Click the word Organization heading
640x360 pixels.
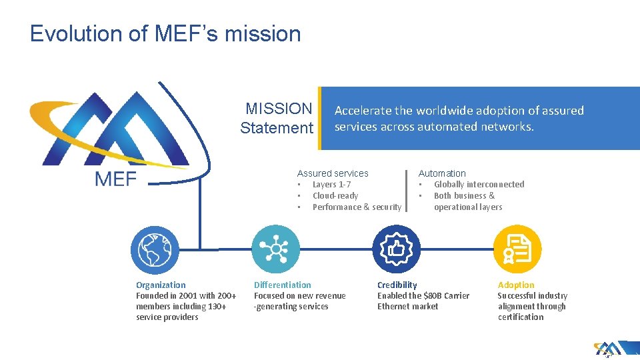pos(161,285)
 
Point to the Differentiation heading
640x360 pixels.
pos(282,285)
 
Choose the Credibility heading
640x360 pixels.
pos(397,285)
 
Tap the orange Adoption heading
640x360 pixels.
pos(516,285)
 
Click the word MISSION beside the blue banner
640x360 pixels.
pos(279,109)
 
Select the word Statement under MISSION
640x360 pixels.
pos(277,127)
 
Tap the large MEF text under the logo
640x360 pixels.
pos(116,179)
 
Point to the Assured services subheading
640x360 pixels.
pos(333,173)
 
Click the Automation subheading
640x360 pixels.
pos(442,173)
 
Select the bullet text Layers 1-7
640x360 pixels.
pos(331,185)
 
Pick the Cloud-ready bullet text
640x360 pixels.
pos(335,196)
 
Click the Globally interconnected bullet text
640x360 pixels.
pos(479,185)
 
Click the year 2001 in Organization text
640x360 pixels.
pos(188,296)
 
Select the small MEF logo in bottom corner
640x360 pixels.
pos(607,349)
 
